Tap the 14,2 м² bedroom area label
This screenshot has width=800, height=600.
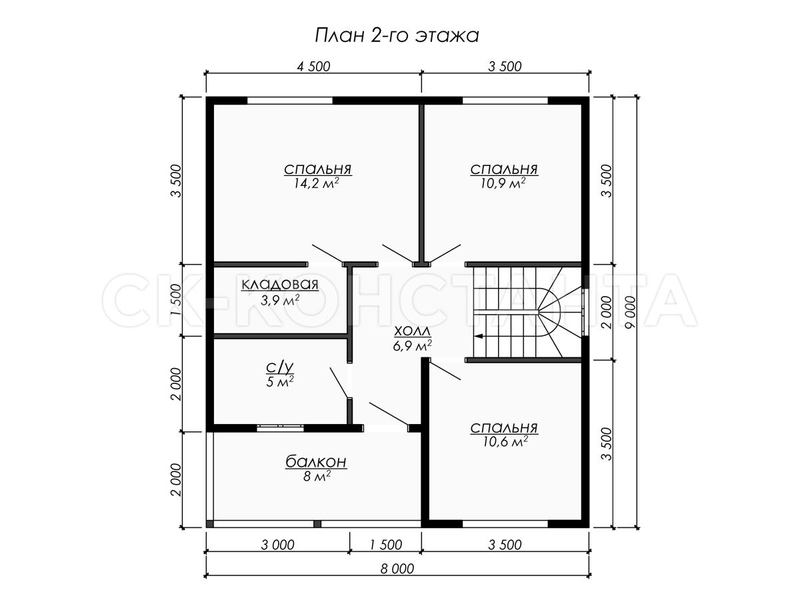(x=317, y=183)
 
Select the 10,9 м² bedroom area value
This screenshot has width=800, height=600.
(x=503, y=183)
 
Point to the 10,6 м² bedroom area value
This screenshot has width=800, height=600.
(x=505, y=442)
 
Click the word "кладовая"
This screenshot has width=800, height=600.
(x=280, y=285)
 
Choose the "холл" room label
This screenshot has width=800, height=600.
(x=412, y=332)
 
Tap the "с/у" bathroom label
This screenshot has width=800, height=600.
(x=280, y=368)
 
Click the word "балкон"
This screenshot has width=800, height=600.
(x=316, y=462)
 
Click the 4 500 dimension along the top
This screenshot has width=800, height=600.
(x=313, y=67)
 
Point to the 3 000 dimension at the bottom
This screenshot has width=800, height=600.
(x=278, y=545)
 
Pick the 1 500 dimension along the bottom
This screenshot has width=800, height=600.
(x=385, y=545)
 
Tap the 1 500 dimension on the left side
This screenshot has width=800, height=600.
(x=176, y=300)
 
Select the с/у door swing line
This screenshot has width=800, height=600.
(x=339, y=383)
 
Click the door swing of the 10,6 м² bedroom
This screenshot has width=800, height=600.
(x=445, y=369)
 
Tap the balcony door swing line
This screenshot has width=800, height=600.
(x=389, y=414)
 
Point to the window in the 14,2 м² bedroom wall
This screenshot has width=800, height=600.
(x=290, y=101)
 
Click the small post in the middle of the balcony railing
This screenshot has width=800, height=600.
(x=317, y=524)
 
